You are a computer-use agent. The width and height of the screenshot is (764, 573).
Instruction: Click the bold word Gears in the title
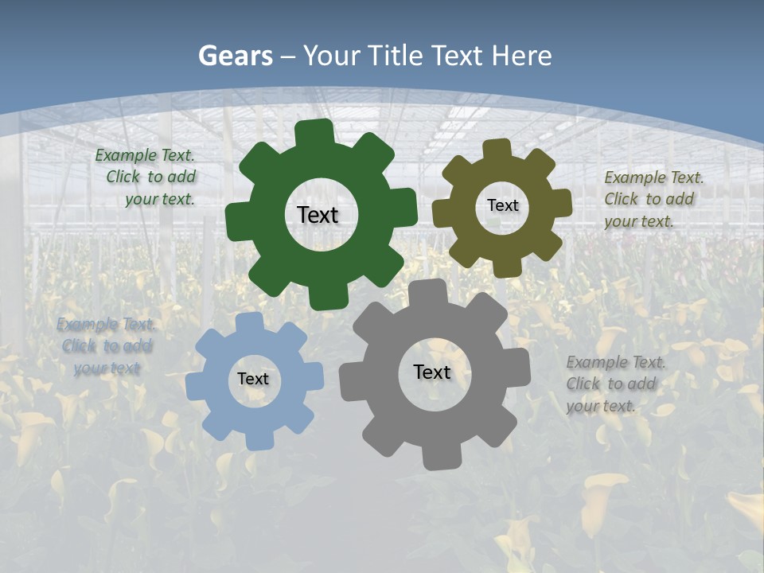click(235, 56)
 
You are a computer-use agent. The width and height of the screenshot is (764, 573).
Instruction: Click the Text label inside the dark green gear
click(318, 215)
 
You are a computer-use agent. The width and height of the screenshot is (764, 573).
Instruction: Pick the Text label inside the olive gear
click(502, 205)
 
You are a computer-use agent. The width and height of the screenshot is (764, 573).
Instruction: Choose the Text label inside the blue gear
click(253, 379)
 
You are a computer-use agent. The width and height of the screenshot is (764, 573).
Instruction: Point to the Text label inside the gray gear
click(432, 372)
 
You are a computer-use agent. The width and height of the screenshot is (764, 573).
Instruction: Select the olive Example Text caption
click(653, 199)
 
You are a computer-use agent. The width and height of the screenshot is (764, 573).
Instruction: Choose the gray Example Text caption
click(615, 384)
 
